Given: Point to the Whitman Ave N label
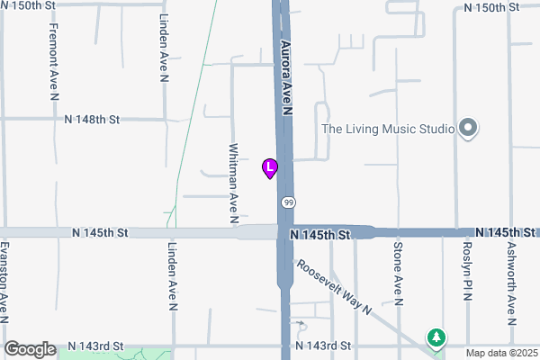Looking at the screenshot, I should pos(233,183).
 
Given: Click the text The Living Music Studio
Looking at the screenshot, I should pos(388,129).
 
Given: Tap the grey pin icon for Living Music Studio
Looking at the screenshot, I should pos(467,129).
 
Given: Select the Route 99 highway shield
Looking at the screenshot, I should pos(286,202).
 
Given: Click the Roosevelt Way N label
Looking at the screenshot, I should pos(335,287).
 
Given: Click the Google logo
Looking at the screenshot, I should pos(30,349).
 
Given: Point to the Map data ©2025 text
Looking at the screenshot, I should pos(499,353).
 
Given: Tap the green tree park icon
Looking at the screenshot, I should pos(436,337).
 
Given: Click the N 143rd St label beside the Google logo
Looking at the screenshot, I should pos(96,346).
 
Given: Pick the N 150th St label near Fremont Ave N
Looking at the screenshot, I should pos(34,6).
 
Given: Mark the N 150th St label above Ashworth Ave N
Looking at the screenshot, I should pos(492,6).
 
